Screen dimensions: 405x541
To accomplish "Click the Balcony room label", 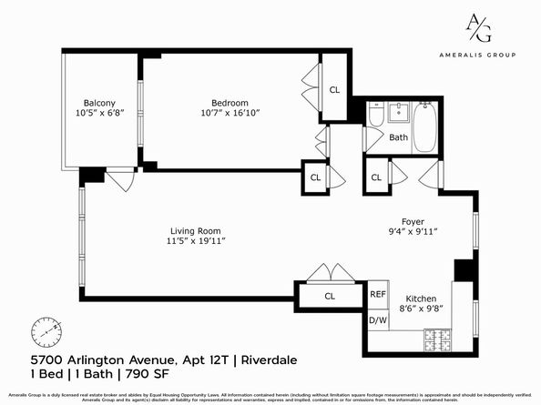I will click(x=99, y=102).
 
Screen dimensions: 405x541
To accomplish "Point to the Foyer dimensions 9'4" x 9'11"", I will click(x=414, y=232).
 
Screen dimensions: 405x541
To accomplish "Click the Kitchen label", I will click(x=421, y=299).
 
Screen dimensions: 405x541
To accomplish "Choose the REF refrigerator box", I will click(x=378, y=295).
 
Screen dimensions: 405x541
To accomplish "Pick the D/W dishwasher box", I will click(x=378, y=320).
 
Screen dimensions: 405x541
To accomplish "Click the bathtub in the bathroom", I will click(x=425, y=128).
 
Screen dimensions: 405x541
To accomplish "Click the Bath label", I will click(x=398, y=138).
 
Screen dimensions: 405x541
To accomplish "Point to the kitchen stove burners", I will click(x=435, y=341).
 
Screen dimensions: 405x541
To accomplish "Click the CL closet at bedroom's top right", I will click(x=334, y=89).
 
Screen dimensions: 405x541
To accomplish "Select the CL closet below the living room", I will click(x=330, y=296).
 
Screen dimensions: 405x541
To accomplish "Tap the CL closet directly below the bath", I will click(x=375, y=176).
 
